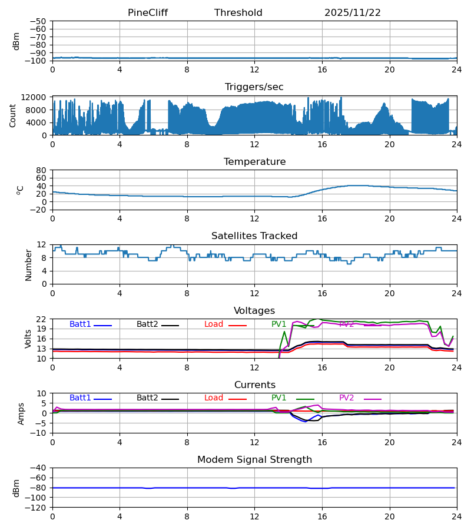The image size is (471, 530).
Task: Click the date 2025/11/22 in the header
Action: pos(353,13)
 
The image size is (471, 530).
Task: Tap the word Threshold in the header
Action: pos(238,13)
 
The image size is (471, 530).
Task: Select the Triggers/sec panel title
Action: pos(254,87)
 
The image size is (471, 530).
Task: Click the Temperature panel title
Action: pos(254,162)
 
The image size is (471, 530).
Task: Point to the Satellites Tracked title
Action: pos(254,236)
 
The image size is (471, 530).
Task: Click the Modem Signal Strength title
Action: pos(254,460)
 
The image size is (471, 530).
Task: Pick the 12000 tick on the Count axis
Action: pos(37,97)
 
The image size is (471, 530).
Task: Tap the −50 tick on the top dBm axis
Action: pos(39,21)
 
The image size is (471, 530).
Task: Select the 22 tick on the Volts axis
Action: pos(42,319)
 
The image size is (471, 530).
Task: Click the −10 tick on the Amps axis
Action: pos(39,433)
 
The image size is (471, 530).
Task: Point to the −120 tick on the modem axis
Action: pos(37,508)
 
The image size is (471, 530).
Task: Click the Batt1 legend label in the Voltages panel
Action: pos(80,324)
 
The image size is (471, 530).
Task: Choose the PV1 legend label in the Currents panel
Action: pos(279,398)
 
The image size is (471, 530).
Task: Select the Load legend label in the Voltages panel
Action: pos(214,324)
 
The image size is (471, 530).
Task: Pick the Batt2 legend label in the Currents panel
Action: pos(147,398)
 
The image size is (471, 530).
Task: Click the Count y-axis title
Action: pos(13,115)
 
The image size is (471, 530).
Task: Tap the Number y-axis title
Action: pos(28,264)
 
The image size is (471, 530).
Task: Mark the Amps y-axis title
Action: pos(21,413)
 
